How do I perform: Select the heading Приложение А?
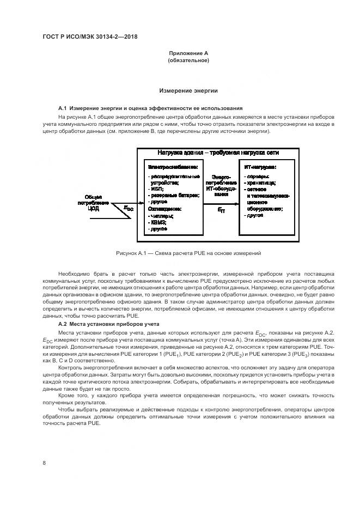coord(188,53)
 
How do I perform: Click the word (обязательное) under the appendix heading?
coord(188,60)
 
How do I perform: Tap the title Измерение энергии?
coord(188,90)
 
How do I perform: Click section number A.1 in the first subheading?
coord(62,108)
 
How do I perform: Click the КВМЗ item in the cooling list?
coord(158,223)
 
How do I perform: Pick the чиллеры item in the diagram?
coord(161,216)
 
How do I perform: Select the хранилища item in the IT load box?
coord(261,184)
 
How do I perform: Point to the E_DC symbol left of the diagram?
coord(128,208)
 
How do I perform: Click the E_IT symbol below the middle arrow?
coord(221,209)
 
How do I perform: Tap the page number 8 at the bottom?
coord(44,463)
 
